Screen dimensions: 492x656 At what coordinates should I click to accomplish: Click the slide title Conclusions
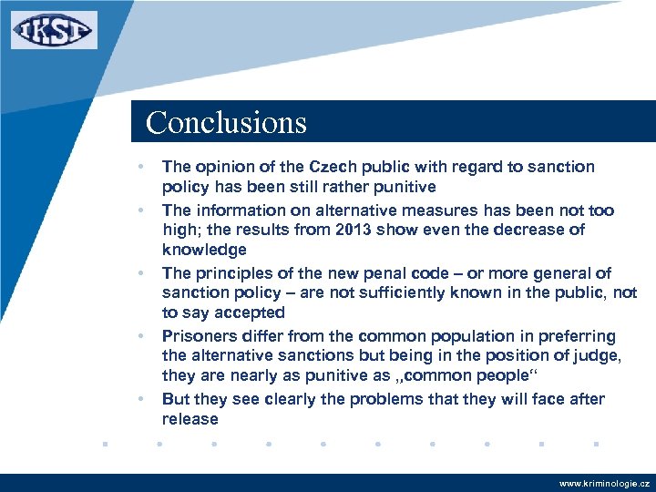(226, 122)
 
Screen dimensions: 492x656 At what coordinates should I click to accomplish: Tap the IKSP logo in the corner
(54, 30)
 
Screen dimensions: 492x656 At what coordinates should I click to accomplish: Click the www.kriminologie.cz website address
(603, 483)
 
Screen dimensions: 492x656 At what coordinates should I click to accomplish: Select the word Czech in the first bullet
(334, 167)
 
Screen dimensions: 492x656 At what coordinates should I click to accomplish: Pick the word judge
(597, 356)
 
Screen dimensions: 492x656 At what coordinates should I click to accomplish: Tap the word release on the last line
(190, 419)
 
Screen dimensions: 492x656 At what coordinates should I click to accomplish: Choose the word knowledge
(204, 250)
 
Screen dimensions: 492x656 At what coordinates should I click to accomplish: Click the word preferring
(579, 336)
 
